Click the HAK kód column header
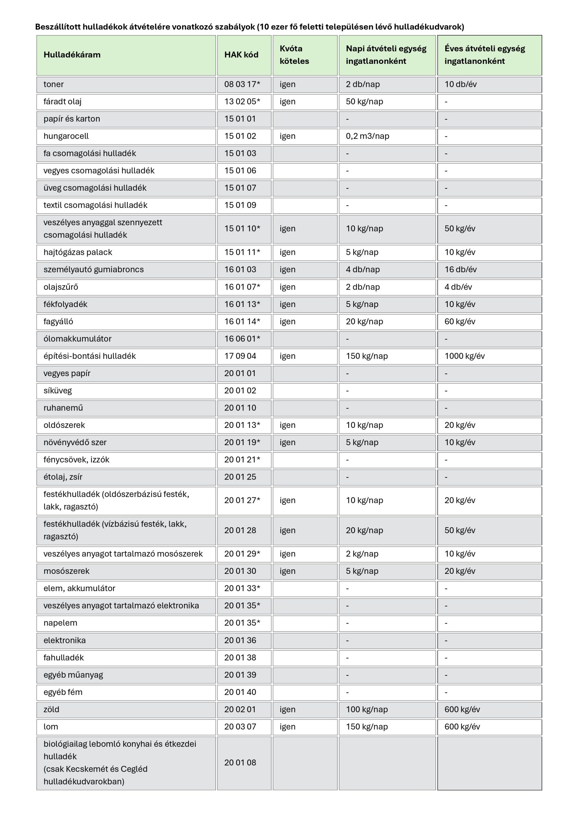pos(241,55)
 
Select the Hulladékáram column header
pos(72,55)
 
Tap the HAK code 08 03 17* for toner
pos(242,85)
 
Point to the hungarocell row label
pos(66,136)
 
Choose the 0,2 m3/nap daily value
pos(367,136)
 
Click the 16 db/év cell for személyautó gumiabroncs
pos(461,270)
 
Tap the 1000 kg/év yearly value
pos(464,356)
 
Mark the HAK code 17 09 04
pos(240,356)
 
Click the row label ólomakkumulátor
pos(78,339)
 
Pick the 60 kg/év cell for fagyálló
pos(460,322)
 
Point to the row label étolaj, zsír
pos(63,477)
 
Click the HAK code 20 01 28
pos(240,530)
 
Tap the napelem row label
pos(60,623)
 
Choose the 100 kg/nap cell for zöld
pos(367,709)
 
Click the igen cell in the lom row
pos(288,727)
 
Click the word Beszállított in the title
pos(58,27)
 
